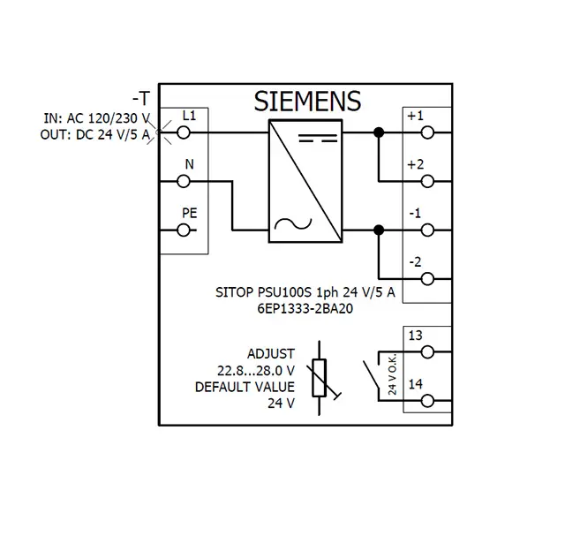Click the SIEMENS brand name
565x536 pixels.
(x=308, y=101)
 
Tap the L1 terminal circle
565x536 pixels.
(x=185, y=132)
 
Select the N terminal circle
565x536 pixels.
(x=185, y=182)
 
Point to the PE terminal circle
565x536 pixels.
(x=185, y=230)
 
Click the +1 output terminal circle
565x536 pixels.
(x=427, y=132)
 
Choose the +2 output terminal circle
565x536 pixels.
(x=427, y=182)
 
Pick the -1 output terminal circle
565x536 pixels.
(x=427, y=230)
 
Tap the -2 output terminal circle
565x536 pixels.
(x=427, y=279)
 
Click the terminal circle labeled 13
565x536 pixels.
(x=427, y=351)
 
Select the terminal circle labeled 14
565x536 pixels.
(x=427, y=400)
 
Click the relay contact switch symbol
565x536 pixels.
(x=370, y=374)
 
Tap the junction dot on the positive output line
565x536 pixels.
(x=379, y=132)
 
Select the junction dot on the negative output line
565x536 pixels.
(x=379, y=230)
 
